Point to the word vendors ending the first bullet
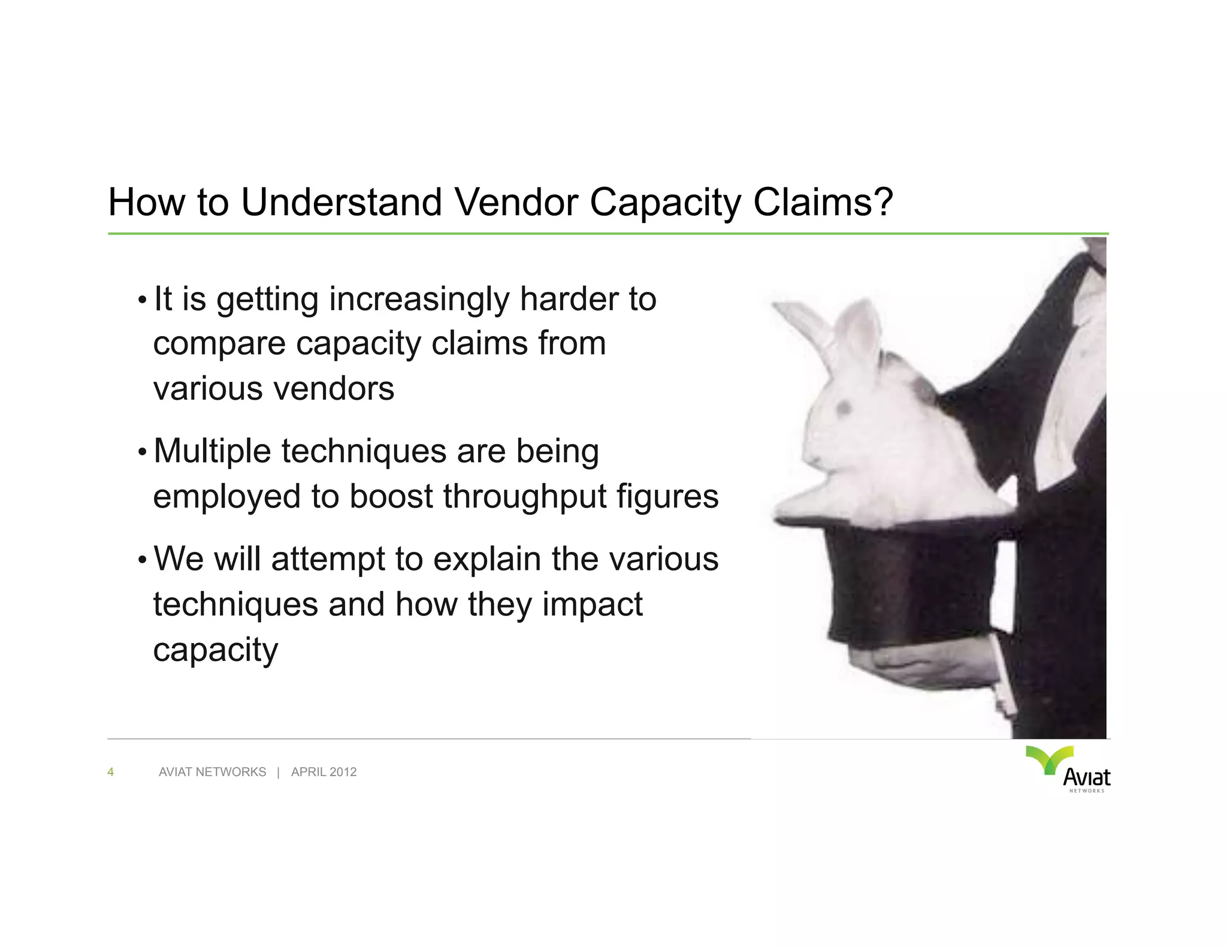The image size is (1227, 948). (x=334, y=389)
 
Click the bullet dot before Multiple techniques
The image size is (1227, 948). (x=142, y=452)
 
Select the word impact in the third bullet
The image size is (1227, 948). (x=592, y=604)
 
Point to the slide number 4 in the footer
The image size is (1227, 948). (x=110, y=772)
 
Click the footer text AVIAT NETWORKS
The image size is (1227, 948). (x=212, y=772)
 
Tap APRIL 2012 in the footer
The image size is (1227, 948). (x=324, y=772)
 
